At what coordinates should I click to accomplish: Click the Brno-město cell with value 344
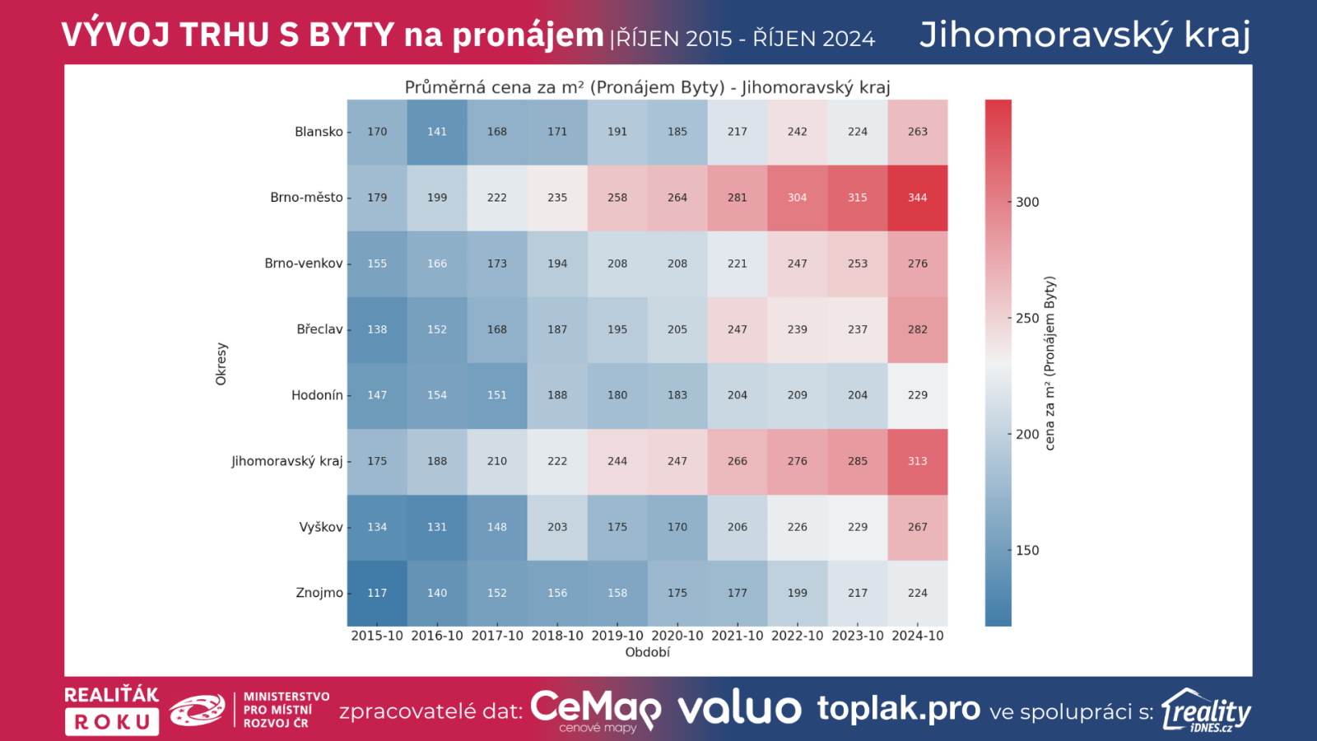point(917,198)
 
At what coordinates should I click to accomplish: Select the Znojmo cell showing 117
point(377,593)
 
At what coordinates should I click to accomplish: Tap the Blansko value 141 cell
point(437,132)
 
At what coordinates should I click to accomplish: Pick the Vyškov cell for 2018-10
point(557,527)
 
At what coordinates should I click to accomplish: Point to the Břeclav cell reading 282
point(917,329)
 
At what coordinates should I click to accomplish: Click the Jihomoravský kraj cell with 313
point(917,461)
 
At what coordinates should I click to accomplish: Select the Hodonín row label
point(317,395)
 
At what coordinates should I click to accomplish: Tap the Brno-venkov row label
point(304,263)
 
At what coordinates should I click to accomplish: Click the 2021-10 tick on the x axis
point(738,636)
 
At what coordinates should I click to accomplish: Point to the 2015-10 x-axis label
point(377,636)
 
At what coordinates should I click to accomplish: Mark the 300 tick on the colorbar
point(1026,203)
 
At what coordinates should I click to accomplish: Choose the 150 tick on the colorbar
point(1026,551)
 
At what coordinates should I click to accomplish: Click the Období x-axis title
point(648,652)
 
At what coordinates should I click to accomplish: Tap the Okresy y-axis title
point(221,364)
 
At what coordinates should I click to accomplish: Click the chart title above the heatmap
point(647,87)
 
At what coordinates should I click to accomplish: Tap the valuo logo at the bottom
point(739,709)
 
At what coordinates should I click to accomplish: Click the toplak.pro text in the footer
point(899,708)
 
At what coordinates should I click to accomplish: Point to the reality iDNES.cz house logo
point(1206,711)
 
